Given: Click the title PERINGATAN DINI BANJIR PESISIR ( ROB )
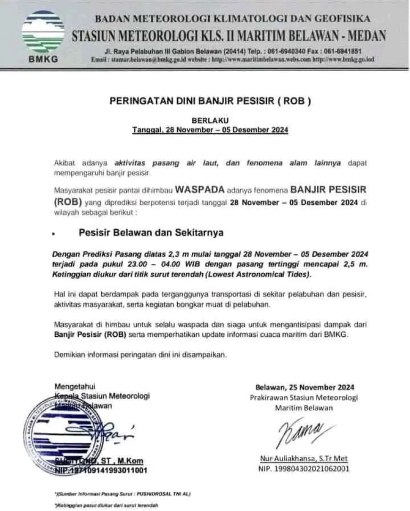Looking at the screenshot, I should click(x=210, y=101).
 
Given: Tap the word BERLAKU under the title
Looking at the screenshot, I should click(x=210, y=121).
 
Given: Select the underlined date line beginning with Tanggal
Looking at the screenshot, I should click(x=210, y=130).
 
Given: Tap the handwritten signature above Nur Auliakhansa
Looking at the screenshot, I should click(x=302, y=431).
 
